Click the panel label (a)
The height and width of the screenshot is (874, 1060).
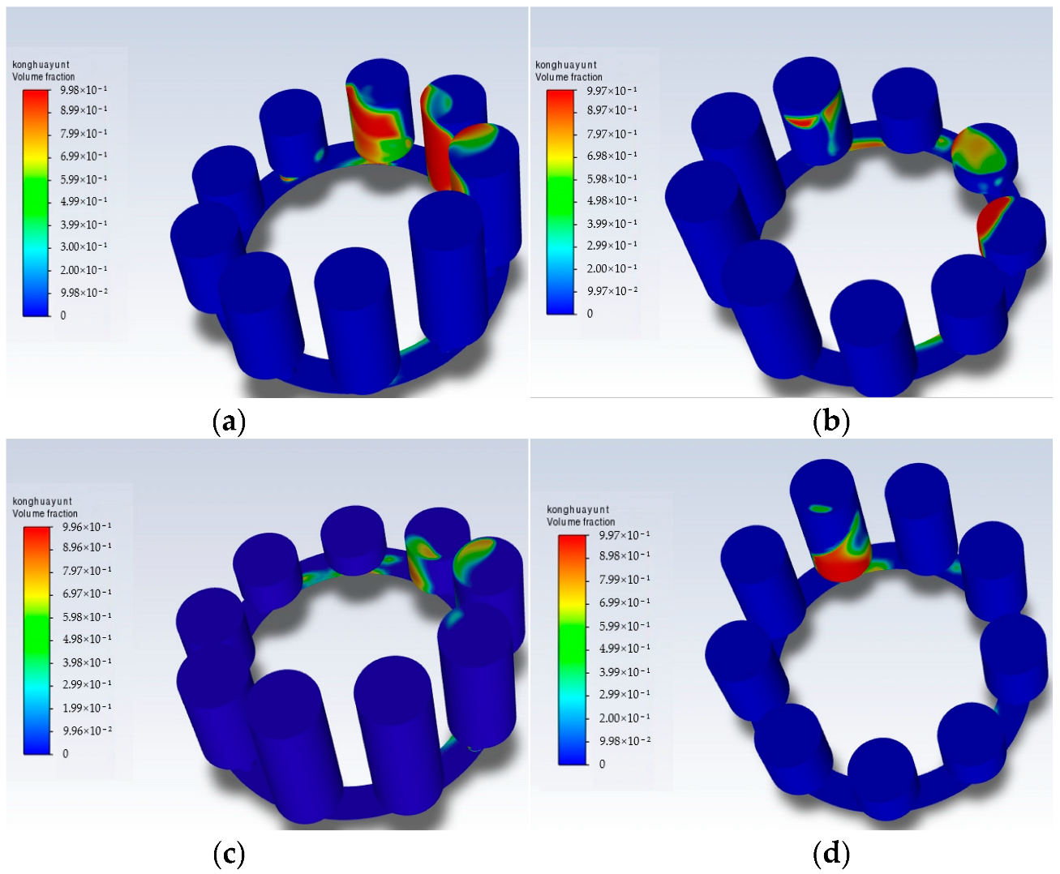coord(229,422)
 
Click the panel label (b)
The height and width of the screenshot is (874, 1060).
coord(831,422)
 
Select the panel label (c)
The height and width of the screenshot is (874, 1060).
coord(229,855)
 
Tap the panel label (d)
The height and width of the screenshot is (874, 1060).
coord(831,855)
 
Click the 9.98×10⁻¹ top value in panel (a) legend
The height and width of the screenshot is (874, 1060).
coord(84,90)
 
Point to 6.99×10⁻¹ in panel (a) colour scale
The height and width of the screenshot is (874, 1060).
coord(84,156)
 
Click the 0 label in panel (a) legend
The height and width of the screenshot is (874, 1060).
coord(63,315)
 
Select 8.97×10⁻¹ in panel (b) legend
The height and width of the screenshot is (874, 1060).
coord(612,110)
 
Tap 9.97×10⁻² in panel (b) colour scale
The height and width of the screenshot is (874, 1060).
coord(612,291)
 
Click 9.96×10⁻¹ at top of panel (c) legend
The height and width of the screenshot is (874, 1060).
coord(87,527)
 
